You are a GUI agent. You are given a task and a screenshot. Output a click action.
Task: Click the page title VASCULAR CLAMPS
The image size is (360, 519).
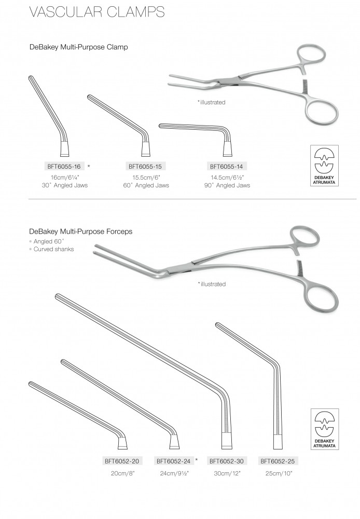click(97, 11)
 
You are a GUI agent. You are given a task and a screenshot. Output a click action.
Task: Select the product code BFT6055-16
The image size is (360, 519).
click(64, 167)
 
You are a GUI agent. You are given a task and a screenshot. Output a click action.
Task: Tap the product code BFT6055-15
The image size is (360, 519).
click(145, 167)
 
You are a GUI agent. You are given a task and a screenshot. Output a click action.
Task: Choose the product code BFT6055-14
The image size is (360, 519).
click(227, 167)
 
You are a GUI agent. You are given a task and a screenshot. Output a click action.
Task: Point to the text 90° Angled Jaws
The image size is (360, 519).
click(227, 185)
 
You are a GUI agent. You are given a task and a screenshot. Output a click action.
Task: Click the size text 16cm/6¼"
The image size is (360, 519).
click(65, 177)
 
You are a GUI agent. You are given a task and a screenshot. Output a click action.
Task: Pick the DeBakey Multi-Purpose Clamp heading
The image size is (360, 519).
click(79, 47)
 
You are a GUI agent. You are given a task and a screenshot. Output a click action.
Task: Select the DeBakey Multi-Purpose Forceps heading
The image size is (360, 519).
click(81, 231)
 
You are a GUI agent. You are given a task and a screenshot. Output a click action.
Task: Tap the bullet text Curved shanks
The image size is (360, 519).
click(53, 249)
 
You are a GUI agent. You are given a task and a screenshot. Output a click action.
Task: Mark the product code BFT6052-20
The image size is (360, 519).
click(122, 461)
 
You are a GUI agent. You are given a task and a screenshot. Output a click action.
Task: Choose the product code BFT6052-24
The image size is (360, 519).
click(173, 461)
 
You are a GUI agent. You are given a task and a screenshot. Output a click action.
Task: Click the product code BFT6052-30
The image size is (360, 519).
click(226, 461)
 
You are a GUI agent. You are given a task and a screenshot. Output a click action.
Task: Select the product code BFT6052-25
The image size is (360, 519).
click(278, 461)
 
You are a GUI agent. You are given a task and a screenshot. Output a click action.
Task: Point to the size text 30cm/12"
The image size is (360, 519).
click(227, 473)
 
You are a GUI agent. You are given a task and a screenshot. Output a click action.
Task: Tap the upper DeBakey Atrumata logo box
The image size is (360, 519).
click(324, 166)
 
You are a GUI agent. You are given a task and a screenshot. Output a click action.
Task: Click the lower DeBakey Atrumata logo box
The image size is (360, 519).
click(325, 429)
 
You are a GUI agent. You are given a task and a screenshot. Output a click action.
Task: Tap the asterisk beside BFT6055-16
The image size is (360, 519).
click(89, 166)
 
